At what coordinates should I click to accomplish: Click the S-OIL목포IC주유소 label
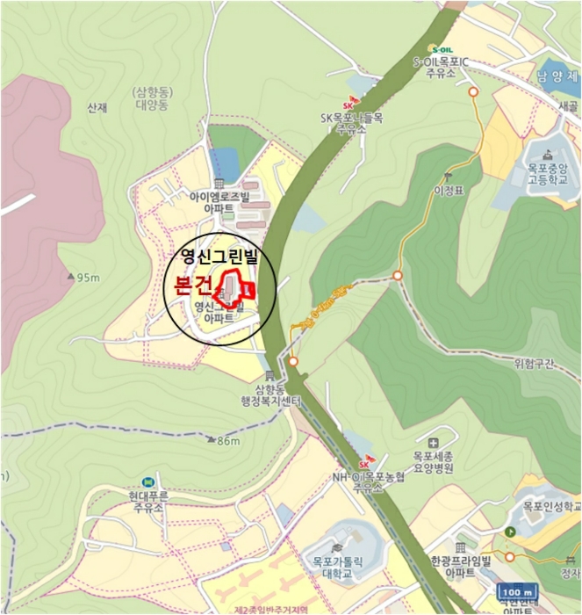coord(441,68)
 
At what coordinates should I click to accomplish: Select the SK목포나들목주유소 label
coord(350,122)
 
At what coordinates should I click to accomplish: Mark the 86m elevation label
coord(227,441)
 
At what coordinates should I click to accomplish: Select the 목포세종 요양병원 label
coord(432,463)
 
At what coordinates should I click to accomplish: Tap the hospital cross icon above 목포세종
coord(432,441)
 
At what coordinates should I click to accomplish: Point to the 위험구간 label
coord(534,365)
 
